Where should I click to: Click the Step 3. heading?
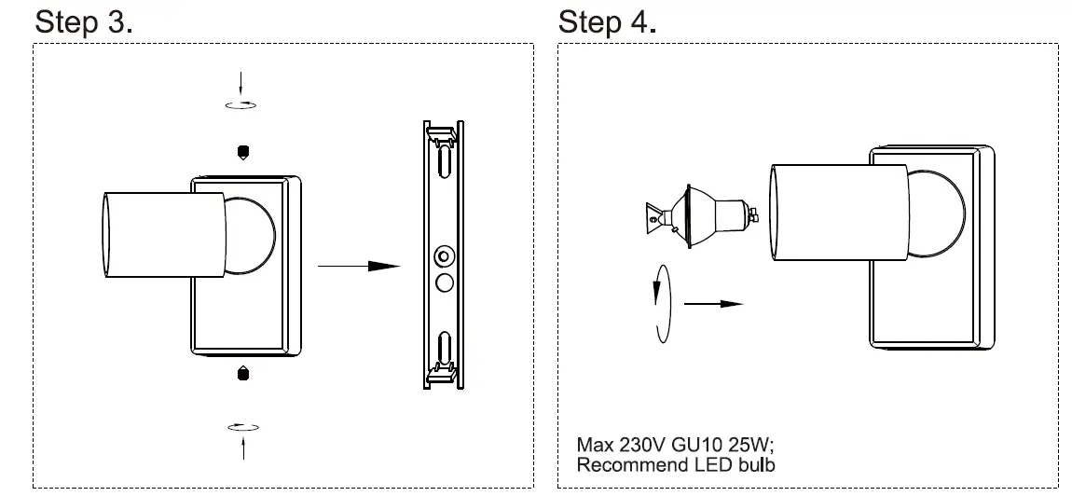[83, 23]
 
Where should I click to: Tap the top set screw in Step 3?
[243, 151]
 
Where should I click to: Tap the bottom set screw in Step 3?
[243, 373]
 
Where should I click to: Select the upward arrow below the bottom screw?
[243, 448]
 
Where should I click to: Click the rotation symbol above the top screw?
[242, 104]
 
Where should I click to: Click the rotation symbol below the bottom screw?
[243, 427]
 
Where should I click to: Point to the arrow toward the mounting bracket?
[359, 267]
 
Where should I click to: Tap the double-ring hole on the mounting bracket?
[444, 255]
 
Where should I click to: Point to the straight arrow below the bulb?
[713, 303]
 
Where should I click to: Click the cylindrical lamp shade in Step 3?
[164, 235]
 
